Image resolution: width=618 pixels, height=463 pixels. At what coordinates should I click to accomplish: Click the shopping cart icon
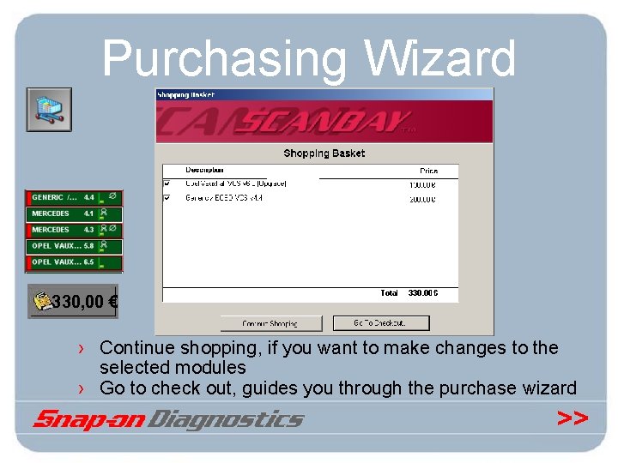point(49,109)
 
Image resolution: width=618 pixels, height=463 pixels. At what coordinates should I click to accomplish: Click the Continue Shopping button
point(270,323)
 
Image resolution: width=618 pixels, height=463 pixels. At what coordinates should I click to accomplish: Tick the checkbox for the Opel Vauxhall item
point(167,183)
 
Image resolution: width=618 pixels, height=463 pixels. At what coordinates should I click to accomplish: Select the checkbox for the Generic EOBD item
point(167,198)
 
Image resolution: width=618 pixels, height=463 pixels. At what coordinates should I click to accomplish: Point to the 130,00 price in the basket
point(421,183)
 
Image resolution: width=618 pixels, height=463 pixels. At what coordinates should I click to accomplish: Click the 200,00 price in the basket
point(421,199)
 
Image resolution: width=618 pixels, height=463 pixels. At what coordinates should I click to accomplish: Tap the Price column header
point(428,171)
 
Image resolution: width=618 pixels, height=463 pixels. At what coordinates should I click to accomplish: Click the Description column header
point(204,170)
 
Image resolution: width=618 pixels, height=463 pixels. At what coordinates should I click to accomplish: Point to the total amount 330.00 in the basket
point(422,293)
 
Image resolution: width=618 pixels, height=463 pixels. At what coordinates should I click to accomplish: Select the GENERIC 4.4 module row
point(74,197)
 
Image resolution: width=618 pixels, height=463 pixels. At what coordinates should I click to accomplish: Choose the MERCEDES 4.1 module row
point(74,213)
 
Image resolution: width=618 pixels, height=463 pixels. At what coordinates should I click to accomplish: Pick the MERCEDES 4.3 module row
point(74,230)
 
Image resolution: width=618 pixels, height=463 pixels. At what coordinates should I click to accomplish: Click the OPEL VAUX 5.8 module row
point(74,246)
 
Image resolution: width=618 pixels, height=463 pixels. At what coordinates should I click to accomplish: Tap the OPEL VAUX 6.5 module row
point(74,262)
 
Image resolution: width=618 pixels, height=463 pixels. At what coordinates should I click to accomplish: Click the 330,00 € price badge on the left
point(73,302)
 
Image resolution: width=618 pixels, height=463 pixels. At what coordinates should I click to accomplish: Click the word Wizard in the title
point(439,59)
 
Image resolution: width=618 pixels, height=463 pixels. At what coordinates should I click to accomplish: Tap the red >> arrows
point(573,418)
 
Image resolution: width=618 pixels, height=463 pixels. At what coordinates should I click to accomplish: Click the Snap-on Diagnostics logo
point(168,419)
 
